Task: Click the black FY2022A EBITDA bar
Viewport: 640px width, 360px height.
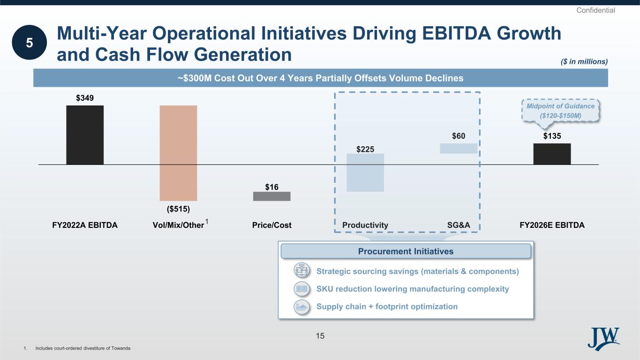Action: pyautogui.click(x=85, y=135)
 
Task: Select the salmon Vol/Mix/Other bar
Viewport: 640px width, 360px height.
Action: pyautogui.click(x=178, y=153)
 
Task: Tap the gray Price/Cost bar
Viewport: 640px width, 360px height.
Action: pyautogui.click(x=272, y=196)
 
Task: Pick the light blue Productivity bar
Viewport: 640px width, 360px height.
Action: pyautogui.click(x=365, y=172)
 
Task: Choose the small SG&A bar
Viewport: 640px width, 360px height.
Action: pyautogui.click(x=459, y=149)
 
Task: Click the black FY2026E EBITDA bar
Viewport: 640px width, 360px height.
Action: pyautogui.click(x=552, y=154)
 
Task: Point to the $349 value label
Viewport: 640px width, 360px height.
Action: pyautogui.click(x=85, y=98)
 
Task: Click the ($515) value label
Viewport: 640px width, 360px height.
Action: pyautogui.click(x=178, y=209)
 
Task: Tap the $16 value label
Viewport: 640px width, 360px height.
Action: pyautogui.click(x=272, y=187)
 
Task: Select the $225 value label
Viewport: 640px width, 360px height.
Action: pyautogui.click(x=365, y=149)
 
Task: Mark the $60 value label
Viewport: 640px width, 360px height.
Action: pyautogui.click(x=459, y=136)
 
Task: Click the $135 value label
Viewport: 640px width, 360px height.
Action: pyautogui.click(x=552, y=136)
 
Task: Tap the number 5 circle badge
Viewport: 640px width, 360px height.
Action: pyautogui.click(x=30, y=42)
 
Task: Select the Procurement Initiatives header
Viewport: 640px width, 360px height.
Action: pyautogui.click(x=406, y=251)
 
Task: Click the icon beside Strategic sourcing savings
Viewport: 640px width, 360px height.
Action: pyautogui.click(x=302, y=270)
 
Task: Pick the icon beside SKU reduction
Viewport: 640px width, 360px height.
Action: pyautogui.click(x=302, y=289)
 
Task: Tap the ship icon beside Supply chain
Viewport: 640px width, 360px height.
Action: pyautogui.click(x=302, y=307)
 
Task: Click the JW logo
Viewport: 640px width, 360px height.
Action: pyautogui.click(x=603, y=339)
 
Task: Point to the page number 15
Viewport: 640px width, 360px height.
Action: pyautogui.click(x=320, y=336)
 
